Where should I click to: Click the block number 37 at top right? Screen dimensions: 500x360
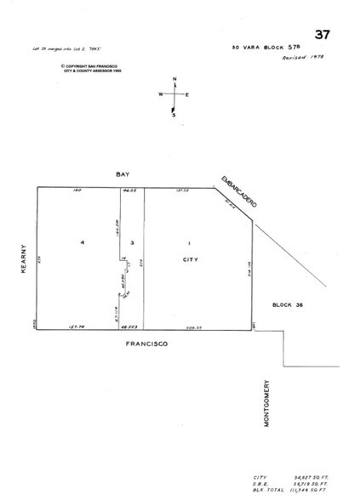tap(322, 34)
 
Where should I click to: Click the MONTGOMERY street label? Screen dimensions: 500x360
tap(266, 401)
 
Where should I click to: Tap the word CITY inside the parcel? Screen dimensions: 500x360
tap(190, 257)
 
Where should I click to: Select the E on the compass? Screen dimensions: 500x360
tap(188, 95)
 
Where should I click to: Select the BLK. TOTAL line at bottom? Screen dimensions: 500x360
tap(289, 491)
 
